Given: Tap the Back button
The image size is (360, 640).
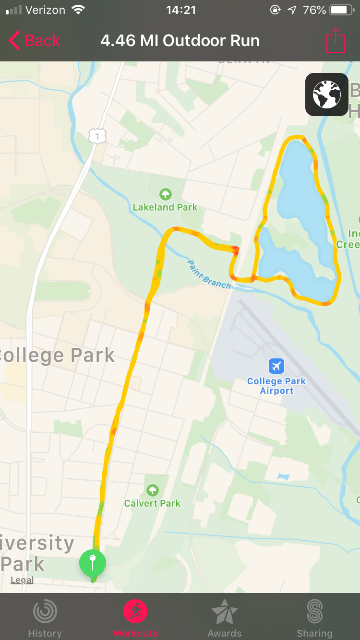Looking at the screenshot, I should click(x=35, y=41).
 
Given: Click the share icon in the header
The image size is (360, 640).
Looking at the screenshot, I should click(x=336, y=41).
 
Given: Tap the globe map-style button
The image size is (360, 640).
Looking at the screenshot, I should click(x=326, y=95).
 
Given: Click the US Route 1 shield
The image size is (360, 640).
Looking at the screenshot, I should click(x=97, y=136).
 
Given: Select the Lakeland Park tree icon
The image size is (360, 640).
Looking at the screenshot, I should click(x=166, y=194).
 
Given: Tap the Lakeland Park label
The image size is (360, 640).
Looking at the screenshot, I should click(x=165, y=207).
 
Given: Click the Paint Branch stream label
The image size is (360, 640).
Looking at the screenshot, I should click(x=209, y=274).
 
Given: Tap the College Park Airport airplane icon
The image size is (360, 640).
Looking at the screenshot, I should click(x=276, y=367).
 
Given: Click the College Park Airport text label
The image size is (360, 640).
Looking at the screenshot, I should click(x=276, y=386).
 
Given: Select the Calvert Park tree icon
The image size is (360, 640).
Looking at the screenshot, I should click(x=153, y=490).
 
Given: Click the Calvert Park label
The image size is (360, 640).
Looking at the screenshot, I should click(x=152, y=503).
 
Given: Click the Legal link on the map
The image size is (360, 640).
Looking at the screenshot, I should click(x=22, y=580).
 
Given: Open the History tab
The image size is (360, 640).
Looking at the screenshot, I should click(x=45, y=618).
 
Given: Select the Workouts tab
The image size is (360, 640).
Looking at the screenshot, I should click(x=135, y=618).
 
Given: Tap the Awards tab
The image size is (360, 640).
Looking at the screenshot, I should click(x=225, y=618).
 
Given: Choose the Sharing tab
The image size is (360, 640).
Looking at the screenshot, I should click(x=314, y=618).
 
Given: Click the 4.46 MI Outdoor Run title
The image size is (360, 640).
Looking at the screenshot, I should click(x=180, y=41).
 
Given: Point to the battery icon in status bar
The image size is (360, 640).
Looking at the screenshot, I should click(x=342, y=10).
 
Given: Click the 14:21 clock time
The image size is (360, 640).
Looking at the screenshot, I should click(x=180, y=10).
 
